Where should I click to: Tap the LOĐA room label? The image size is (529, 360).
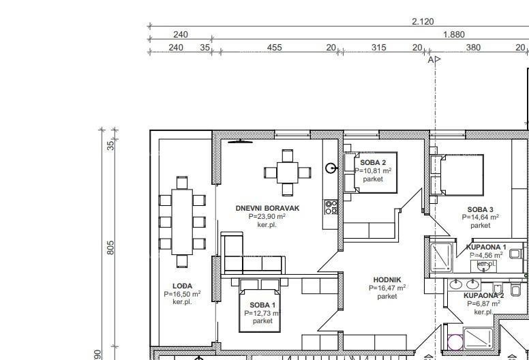point(182,286)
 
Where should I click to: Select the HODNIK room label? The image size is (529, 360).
point(387,280)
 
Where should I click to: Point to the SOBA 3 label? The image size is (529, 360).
point(480,209)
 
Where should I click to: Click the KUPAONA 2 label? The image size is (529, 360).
point(484,295)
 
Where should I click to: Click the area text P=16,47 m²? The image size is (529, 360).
point(387,288)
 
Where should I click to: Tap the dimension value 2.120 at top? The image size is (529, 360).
point(423,22)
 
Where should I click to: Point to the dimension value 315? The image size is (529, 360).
point(378,47)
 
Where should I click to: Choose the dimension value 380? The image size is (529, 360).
point(472,47)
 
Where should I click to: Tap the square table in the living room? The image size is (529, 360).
point(287,172)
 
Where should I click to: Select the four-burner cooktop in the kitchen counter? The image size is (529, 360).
point(331,207)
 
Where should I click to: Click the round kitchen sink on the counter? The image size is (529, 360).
point(331,168)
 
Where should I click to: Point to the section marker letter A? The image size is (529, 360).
point(431,60)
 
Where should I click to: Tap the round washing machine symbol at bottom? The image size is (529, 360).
point(455,344)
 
